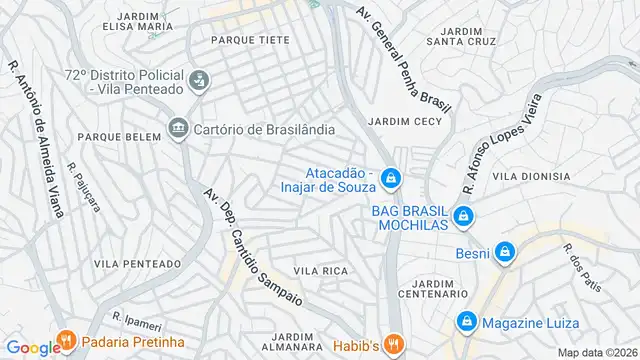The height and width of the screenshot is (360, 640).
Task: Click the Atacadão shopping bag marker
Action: tap(391, 178)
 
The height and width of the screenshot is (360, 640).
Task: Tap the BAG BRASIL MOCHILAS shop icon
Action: tap(462, 216)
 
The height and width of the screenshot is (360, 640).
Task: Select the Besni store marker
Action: tap(505, 252)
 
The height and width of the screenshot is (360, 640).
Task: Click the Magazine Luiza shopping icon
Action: tap(466, 321)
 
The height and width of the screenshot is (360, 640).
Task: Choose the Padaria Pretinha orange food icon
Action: tap(67, 340)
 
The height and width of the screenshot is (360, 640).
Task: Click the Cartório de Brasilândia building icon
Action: tap(179, 128)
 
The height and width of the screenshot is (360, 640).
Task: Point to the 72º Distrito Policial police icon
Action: tap(199, 79)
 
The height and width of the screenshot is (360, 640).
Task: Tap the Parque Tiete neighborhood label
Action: tap(250, 40)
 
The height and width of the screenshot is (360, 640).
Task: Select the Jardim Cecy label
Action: tap(404, 122)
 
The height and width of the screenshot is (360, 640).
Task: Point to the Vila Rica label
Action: tap(320, 271)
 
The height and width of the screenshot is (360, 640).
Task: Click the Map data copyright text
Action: tap(597, 352)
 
